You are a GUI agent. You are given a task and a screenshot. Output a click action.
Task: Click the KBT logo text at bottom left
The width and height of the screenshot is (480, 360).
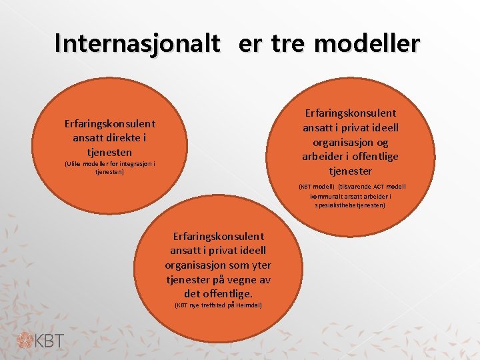pos(51,340)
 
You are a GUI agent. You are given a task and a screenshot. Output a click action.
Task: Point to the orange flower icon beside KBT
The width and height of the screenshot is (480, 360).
pos(25,340)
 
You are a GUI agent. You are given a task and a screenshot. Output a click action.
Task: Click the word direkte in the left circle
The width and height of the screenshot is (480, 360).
pos(120,138)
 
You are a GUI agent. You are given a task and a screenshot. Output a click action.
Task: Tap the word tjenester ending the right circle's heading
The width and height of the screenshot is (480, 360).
pos(351,171)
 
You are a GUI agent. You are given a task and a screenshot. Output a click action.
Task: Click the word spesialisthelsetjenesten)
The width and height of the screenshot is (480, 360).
pos(351,205)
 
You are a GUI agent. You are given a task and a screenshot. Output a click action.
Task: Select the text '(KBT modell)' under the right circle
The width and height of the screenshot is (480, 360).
pos(317,187)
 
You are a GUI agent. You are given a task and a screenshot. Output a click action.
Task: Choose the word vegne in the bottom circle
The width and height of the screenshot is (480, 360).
pos(241,279)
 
